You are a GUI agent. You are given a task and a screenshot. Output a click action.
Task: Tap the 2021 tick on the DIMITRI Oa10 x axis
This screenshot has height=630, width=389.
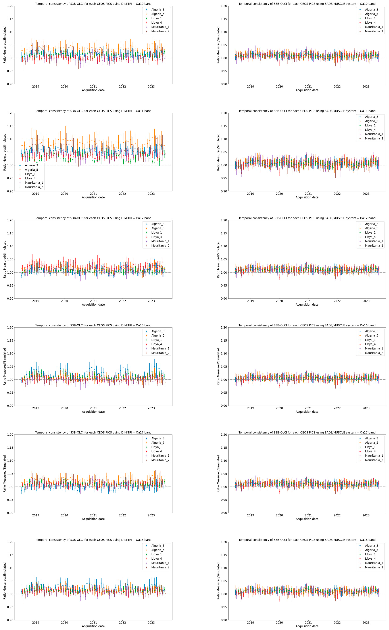(x=93, y=87)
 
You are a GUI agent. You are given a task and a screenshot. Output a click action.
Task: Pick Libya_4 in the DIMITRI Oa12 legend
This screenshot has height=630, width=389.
(x=156, y=237)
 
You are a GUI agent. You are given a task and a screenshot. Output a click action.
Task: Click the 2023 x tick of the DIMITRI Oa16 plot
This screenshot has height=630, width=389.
(x=151, y=408)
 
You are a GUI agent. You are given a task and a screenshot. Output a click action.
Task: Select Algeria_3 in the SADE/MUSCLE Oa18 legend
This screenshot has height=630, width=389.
(x=372, y=546)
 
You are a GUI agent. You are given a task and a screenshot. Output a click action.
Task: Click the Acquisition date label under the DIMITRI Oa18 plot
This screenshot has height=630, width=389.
(x=93, y=626)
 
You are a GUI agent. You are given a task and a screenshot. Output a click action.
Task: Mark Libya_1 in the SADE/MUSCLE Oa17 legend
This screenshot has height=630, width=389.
(x=370, y=447)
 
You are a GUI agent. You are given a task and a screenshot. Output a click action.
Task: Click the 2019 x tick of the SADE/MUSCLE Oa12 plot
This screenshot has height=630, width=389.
(x=250, y=301)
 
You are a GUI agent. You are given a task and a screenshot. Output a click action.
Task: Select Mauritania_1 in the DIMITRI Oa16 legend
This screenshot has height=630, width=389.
(x=160, y=348)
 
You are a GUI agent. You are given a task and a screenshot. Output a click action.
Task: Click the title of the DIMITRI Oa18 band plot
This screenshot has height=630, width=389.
(x=93, y=540)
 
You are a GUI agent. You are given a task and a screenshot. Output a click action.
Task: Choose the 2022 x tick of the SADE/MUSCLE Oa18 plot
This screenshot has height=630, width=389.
(x=337, y=623)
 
